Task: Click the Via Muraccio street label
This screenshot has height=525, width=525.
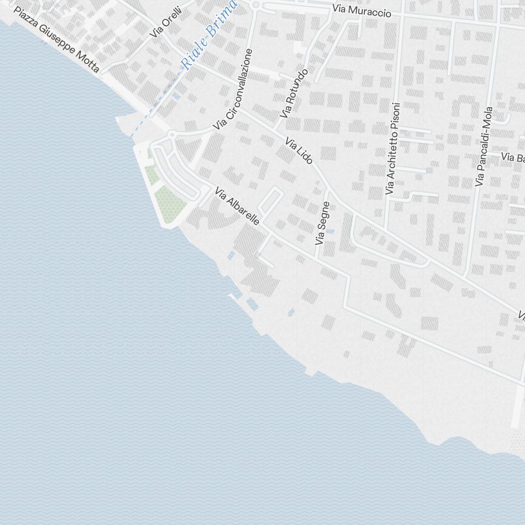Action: [362, 11]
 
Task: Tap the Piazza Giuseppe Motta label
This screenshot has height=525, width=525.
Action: [56, 40]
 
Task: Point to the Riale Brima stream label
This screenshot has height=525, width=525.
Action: [209, 35]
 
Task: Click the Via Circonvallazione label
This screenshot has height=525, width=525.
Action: [234, 90]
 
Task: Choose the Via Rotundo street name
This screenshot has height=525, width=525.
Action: [293, 93]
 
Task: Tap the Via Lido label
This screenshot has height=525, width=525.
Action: [299, 151]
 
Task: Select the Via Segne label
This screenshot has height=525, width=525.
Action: [322, 223]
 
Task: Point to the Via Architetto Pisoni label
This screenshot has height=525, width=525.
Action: [392, 149]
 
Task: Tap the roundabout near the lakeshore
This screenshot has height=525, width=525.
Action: [172, 135]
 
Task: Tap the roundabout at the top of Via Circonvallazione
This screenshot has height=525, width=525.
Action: [256, 5]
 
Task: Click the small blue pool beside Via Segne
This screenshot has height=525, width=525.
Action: [329, 230]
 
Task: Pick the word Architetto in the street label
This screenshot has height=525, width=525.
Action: [391, 163]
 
